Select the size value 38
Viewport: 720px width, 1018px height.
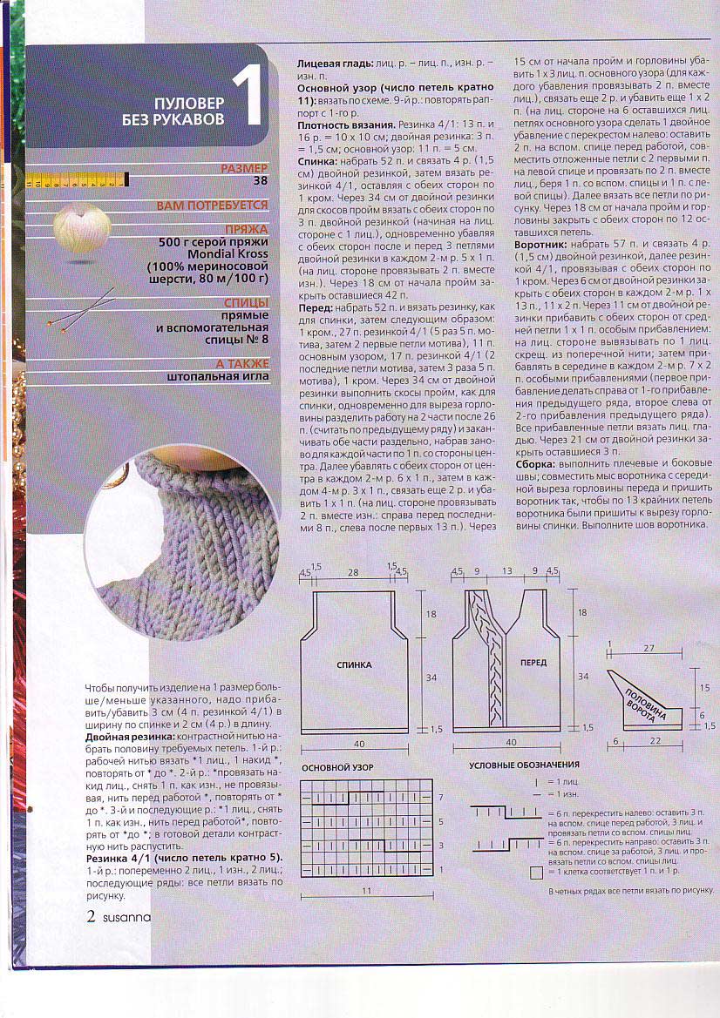click(x=257, y=181)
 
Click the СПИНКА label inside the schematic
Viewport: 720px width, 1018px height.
click(x=354, y=664)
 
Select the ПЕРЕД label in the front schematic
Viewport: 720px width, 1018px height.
click(x=533, y=663)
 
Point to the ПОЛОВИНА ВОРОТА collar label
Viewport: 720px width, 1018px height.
click(x=641, y=701)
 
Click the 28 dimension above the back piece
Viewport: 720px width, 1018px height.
click(x=353, y=572)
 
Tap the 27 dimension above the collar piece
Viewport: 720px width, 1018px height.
click(x=649, y=649)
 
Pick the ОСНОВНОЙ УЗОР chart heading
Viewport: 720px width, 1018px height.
click(x=337, y=767)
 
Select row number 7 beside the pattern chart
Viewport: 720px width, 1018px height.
click(x=440, y=797)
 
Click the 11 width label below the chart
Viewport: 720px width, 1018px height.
click(x=366, y=891)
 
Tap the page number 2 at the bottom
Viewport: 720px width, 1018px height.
click(x=91, y=916)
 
